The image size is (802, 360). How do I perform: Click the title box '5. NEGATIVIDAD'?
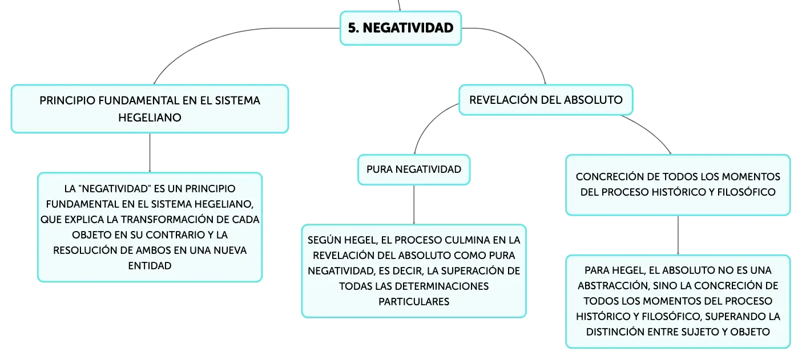(x=401, y=28)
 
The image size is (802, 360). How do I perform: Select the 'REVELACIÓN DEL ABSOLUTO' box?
(x=546, y=100)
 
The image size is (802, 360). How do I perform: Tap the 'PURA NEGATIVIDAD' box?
(x=414, y=169)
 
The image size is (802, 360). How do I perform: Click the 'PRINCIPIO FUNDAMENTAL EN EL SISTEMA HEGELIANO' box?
(x=150, y=109)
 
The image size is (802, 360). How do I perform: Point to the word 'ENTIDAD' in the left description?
(x=150, y=265)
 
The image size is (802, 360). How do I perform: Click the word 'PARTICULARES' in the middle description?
(x=414, y=302)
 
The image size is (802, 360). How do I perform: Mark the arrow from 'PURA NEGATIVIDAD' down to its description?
(x=414, y=205)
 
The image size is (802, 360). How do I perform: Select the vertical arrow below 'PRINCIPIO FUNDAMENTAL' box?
(x=150, y=153)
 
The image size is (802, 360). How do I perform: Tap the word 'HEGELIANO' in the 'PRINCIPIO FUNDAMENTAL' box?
(x=150, y=118)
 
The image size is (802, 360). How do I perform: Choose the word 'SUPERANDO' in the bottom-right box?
(x=734, y=316)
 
